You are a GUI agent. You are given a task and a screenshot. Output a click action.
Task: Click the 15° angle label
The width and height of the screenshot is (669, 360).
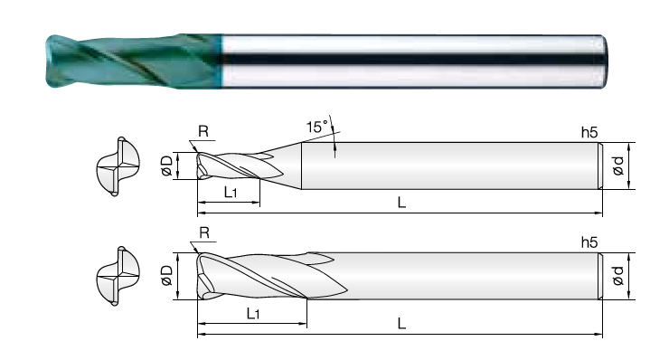click(317, 127)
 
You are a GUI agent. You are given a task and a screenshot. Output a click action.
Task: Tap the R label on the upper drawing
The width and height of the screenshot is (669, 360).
click(203, 131)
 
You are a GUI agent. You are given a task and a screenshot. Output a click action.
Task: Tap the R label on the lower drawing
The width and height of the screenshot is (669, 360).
click(204, 232)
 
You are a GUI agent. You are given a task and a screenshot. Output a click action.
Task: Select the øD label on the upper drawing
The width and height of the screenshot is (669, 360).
click(167, 166)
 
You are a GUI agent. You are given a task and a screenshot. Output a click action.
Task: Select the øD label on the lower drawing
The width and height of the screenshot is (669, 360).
click(167, 276)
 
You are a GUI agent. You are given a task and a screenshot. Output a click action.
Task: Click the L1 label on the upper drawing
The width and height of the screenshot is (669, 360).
click(231, 193)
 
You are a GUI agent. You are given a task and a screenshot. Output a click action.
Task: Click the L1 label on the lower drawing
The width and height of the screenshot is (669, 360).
click(253, 314)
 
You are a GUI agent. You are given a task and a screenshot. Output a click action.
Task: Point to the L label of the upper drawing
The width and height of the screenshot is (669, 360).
click(401, 203)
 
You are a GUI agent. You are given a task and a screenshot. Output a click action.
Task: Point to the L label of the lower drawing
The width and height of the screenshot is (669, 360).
click(401, 324)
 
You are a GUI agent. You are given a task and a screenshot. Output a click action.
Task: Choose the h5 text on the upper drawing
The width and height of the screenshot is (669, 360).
click(589, 132)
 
